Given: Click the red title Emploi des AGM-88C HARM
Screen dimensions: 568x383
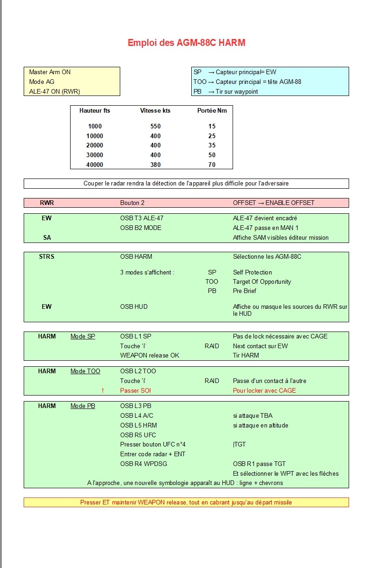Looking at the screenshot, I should (x=186, y=43).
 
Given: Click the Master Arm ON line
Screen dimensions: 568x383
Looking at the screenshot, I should (x=50, y=72).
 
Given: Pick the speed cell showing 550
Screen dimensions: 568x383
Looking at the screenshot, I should (x=156, y=126).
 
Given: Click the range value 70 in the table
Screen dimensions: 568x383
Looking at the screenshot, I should (x=212, y=165).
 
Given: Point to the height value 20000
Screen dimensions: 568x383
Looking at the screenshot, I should (x=95, y=146).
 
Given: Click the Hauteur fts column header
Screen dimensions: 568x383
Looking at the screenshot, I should (x=95, y=111).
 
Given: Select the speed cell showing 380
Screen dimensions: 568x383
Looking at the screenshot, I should (x=156, y=165).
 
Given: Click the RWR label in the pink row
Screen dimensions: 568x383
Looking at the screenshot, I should (x=46, y=203).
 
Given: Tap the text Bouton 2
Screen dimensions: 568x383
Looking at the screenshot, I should (x=132, y=203).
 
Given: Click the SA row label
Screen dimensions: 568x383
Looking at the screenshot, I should (x=46, y=237).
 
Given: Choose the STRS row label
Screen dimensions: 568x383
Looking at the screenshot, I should (x=46, y=256).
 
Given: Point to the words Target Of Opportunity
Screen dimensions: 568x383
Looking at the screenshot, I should (x=262, y=281).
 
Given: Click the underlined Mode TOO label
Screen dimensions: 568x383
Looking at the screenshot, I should (x=85, y=371).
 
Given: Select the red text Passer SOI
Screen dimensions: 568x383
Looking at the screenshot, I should (x=136, y=390).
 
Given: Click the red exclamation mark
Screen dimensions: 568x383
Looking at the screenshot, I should (x=103, y=390).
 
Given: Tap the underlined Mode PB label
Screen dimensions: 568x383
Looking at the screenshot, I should (x=83, y=406).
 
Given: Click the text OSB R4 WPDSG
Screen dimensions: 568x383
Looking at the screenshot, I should (x=143, y=464).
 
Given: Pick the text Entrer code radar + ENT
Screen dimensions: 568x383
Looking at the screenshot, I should (x=152, y=454).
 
